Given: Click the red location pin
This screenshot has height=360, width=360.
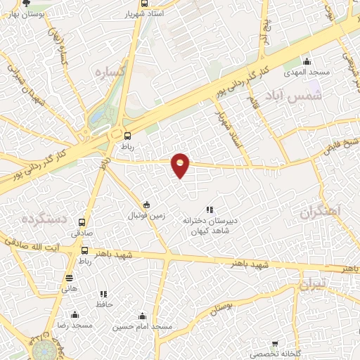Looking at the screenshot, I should [x=181, y=165].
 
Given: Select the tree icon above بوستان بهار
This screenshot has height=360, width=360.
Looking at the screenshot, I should [x=27, y=4].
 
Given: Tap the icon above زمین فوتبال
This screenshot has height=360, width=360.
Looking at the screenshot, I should [x=146, y=205].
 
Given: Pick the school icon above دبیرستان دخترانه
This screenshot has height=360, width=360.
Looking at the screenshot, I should [x=209, y=210].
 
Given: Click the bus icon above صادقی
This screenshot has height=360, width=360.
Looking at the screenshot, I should [x=84, y=221].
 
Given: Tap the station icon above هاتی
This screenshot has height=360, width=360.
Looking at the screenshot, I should [x=69, y=278].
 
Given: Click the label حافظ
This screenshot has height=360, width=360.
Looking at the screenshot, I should [x=105, y=304].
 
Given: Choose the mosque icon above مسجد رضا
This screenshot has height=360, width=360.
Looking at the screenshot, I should [x=76, y=316].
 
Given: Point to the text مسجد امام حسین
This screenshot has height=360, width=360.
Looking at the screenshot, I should [x=143, y=327].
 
